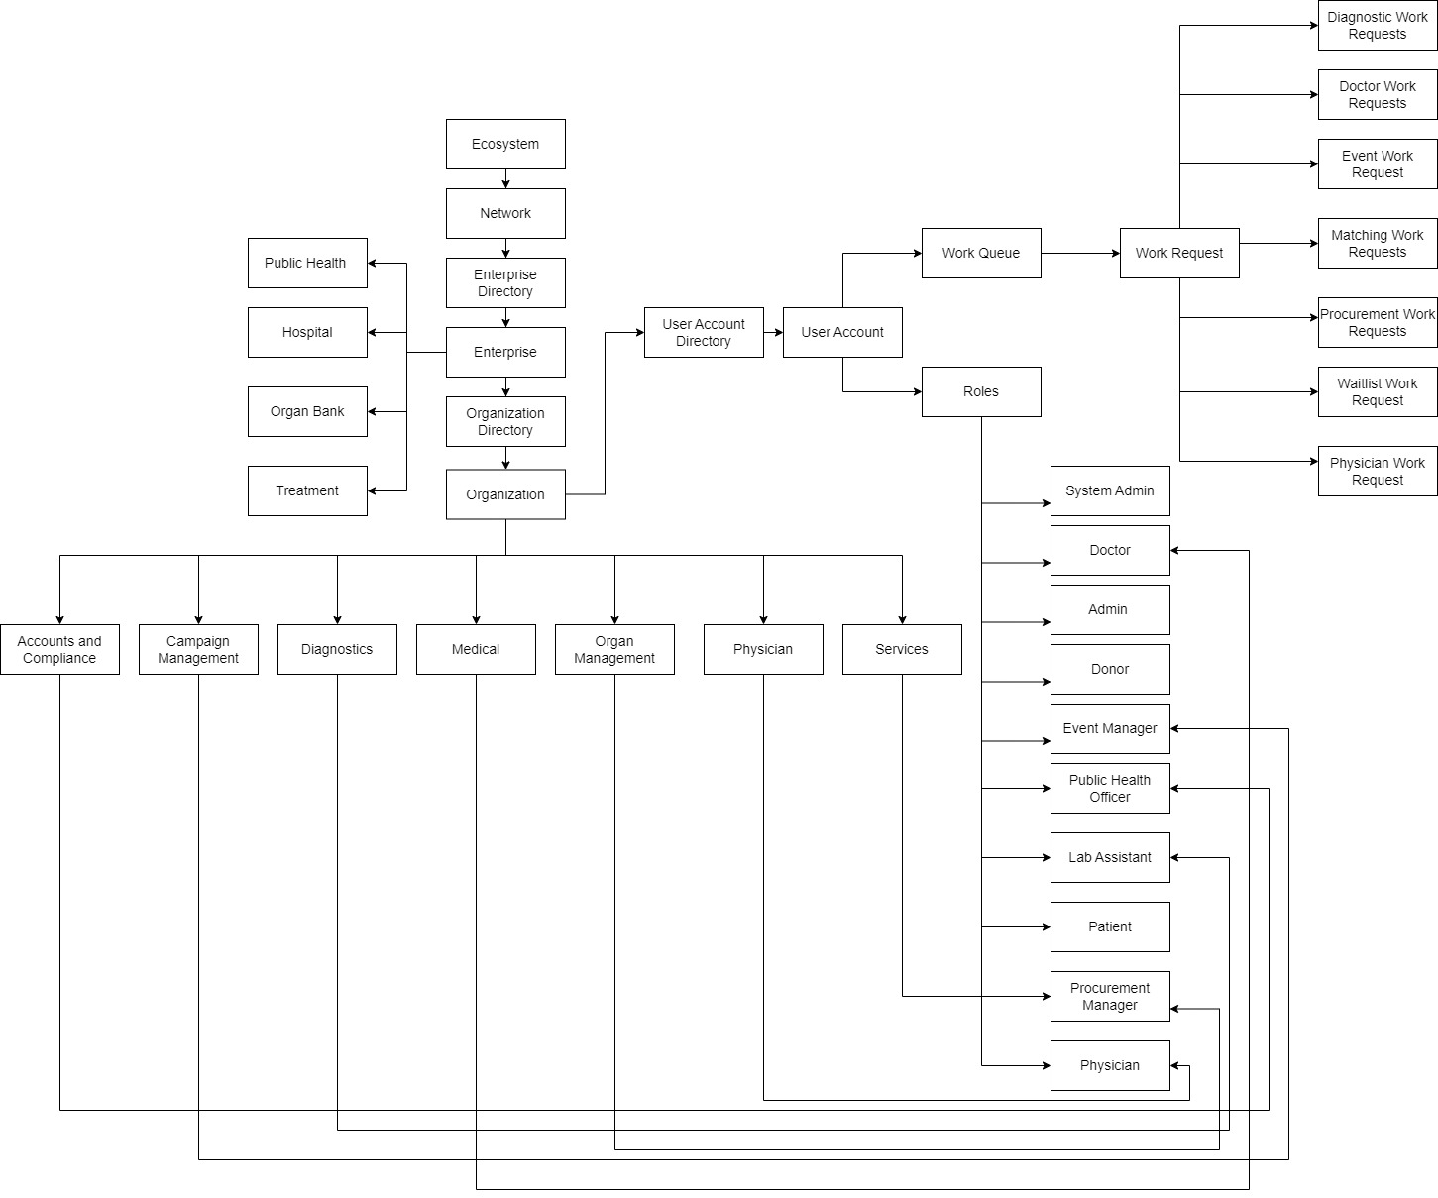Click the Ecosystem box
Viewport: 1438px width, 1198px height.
(x=505, y=145)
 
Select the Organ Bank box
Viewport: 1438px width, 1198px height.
(x=307, y=411)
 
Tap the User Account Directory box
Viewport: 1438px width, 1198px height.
(x=704, y=332)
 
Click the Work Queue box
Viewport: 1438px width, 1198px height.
(x=981, y=253)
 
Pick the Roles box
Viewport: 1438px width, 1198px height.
(x=981, y=391)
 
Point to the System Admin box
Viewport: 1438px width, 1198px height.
(x=1110, y=490)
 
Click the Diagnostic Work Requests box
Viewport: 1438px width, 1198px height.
(x=1378, y=26)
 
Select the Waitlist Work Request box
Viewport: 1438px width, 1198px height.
(x=1378, y=391)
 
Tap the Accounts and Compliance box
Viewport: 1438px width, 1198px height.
(x=59, y=649)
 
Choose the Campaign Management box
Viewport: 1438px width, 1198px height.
(x=198, y=649)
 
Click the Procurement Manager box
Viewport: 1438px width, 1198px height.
(x=1110, y=996)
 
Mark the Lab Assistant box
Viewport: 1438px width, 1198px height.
(x=1110, y=857)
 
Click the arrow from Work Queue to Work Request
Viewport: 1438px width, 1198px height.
(x=1080, y=253)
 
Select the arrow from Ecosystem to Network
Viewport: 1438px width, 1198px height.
(x=505, y=179)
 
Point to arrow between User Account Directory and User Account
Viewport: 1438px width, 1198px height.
(x=773, y=332)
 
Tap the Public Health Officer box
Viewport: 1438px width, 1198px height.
(x=1110, y=788)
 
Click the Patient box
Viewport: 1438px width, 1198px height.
(x=1110, y=926)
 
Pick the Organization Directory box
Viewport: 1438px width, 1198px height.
(x=505, y=421)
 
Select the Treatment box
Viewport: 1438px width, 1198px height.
(x=307, y=490)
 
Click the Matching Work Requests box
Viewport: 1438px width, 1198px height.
(x=1378, y=243)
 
